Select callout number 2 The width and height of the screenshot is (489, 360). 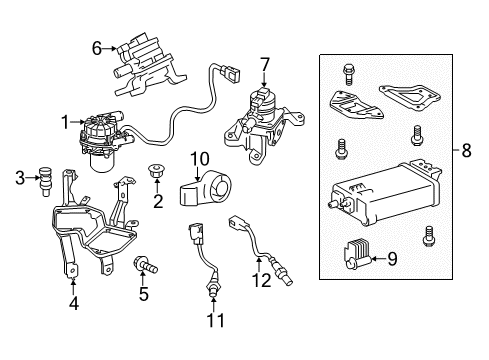click(157, 202)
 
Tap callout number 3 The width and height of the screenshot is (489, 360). click(20, 179)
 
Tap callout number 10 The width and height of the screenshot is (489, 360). click(199, 157)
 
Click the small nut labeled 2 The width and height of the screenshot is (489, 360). click(157, 171)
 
